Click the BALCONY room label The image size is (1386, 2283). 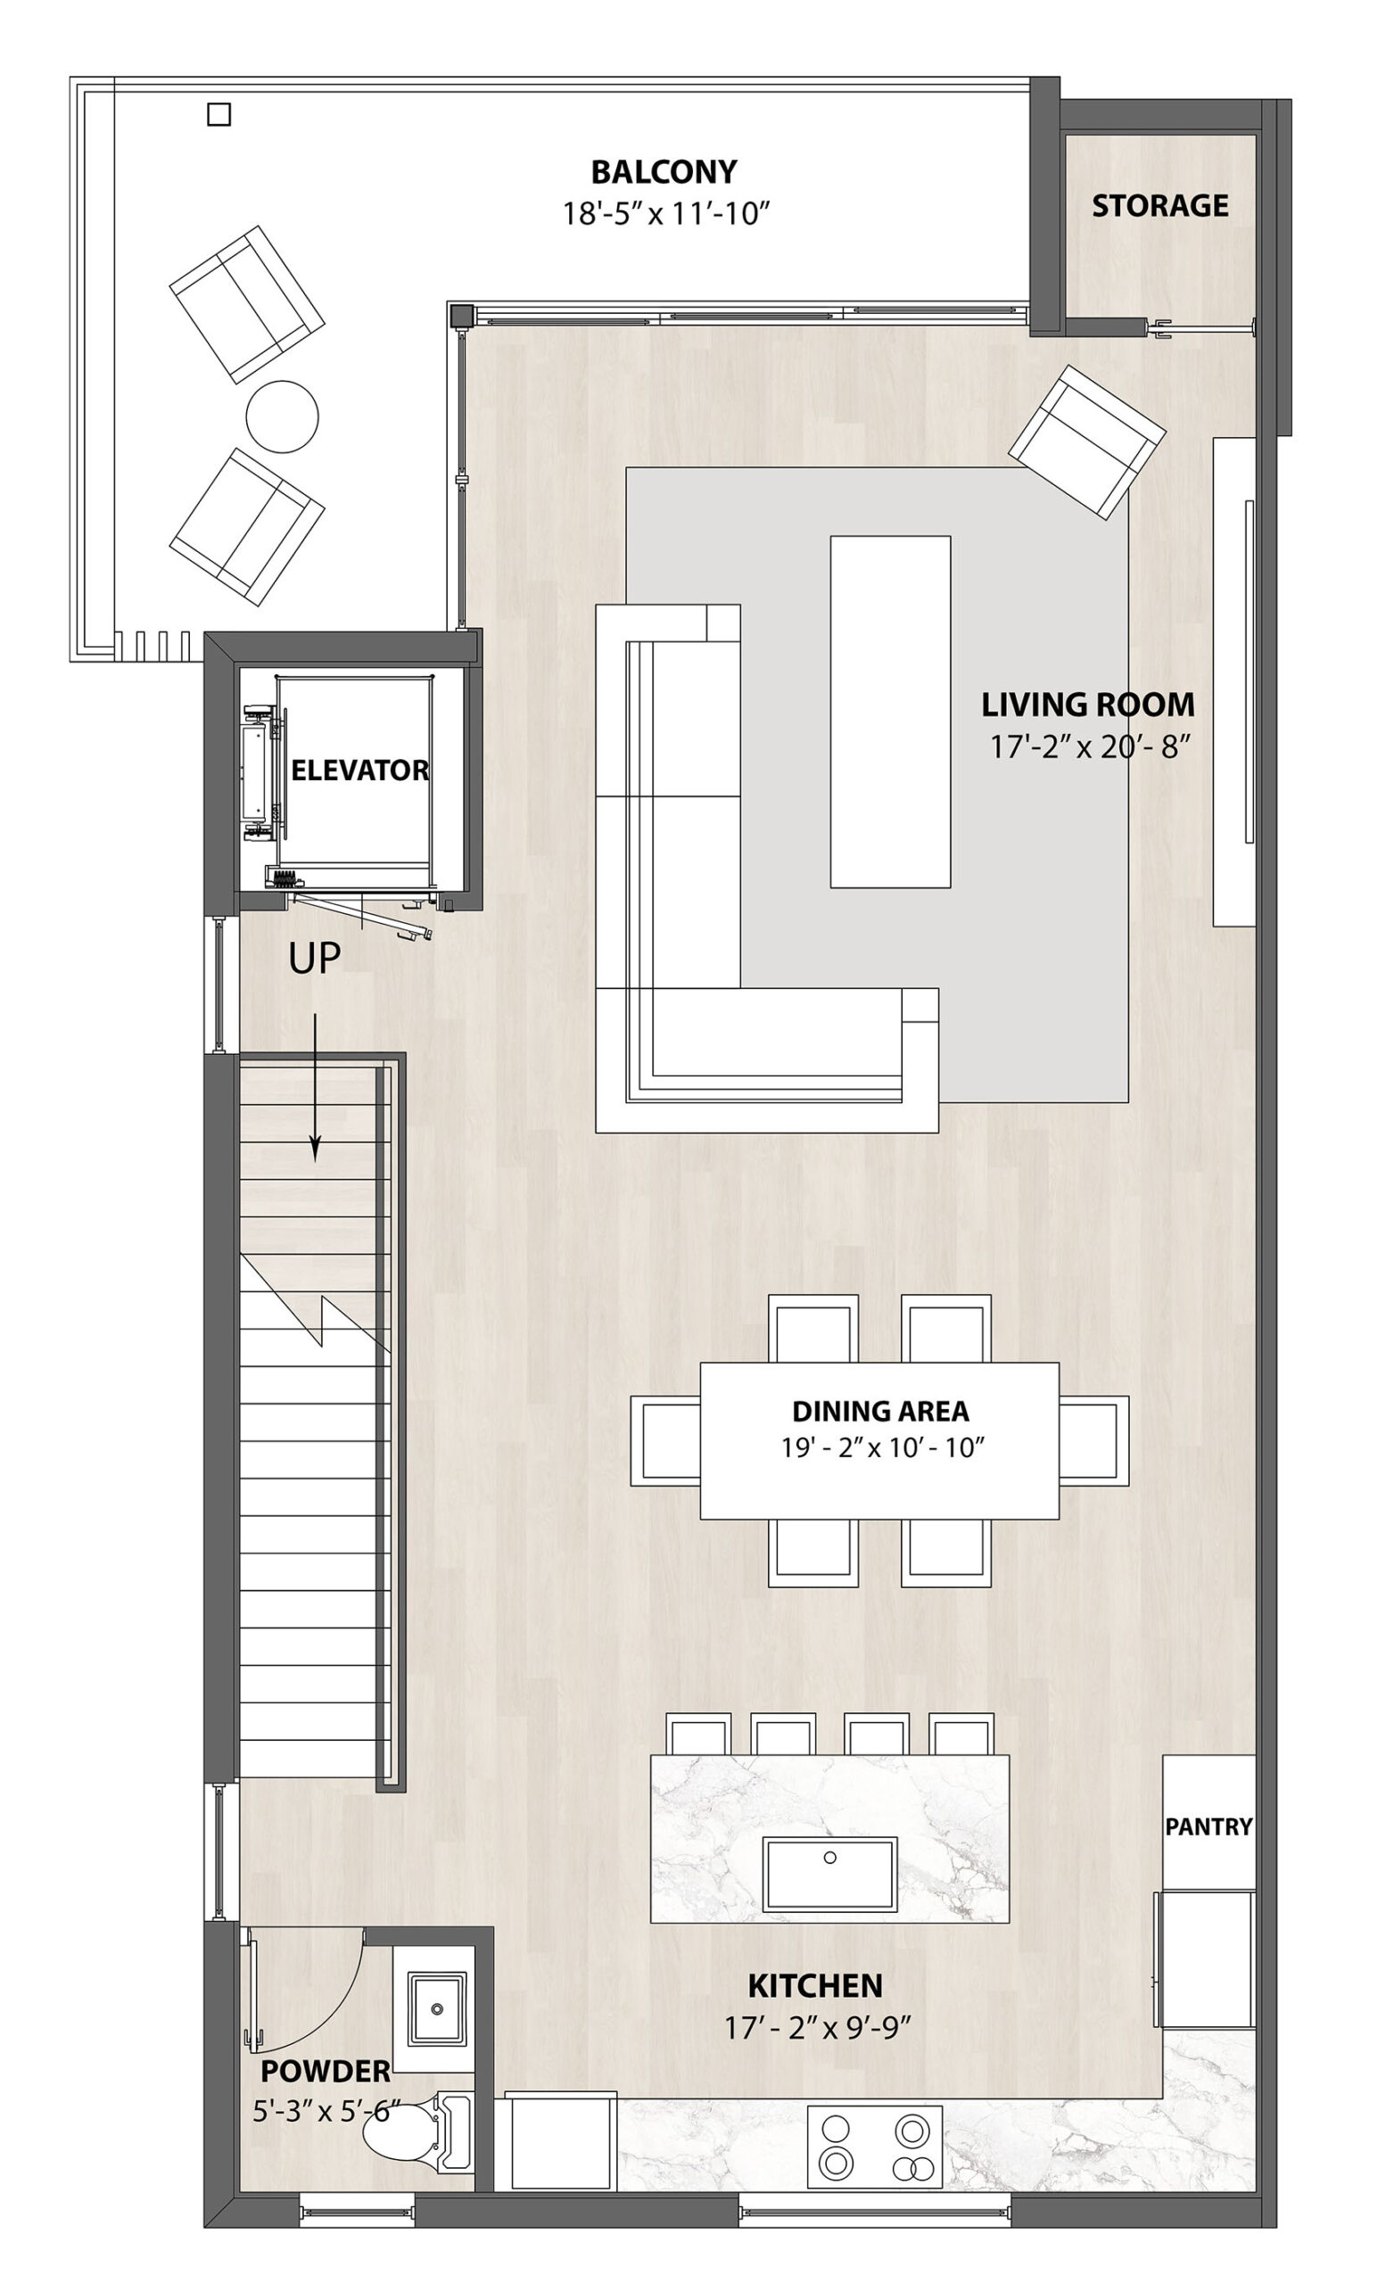(664, 172)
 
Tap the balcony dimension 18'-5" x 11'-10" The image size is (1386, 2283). (666, 215)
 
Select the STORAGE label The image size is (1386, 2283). (1159, 206)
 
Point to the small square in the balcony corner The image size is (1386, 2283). (219, 114)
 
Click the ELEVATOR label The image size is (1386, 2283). (359, 770)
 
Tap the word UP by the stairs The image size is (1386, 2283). (314, 959)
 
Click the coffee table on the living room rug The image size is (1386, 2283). (889, 712)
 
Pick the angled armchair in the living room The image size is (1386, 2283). (1085, 441)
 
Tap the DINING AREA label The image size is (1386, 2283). (880, 1410)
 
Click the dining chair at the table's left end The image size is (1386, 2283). (665, 1441)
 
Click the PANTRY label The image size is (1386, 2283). (1209, 1826)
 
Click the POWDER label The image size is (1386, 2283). (325, 2071)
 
